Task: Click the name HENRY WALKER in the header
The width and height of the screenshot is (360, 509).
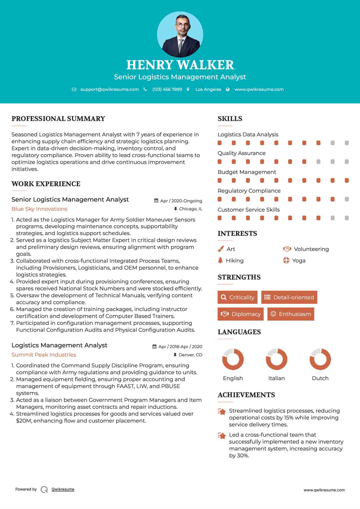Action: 180,65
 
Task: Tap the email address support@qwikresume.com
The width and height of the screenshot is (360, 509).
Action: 110,90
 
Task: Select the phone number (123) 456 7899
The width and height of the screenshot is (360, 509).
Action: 167,90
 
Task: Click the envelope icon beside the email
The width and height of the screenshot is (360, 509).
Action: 74,90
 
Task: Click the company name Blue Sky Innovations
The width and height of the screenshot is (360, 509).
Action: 39,209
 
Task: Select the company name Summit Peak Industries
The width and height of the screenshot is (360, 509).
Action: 44,355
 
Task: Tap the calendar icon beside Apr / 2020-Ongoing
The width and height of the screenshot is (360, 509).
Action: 156,201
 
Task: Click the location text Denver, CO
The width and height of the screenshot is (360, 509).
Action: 190,355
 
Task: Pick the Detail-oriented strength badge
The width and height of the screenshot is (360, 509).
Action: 289,297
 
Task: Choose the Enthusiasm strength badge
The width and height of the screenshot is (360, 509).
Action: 291,314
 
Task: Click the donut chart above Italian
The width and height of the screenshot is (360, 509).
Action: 276,359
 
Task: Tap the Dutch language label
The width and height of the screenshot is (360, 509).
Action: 320,378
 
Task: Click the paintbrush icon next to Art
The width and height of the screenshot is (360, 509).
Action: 221,249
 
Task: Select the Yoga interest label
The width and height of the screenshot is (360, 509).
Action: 299,261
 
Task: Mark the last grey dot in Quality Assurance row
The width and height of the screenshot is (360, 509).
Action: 347,162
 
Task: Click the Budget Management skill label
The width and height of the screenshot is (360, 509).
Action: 247,172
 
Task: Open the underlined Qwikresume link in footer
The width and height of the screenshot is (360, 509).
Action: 63,489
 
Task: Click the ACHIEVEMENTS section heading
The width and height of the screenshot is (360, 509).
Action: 246,395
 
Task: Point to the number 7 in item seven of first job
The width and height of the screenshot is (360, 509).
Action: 12,323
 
